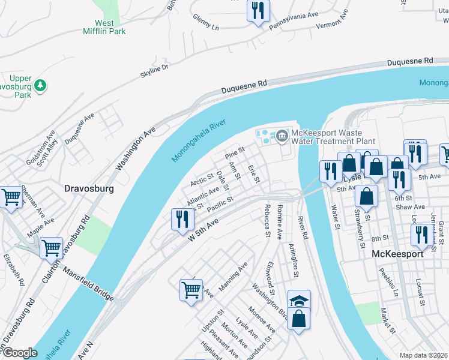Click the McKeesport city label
(397, 254)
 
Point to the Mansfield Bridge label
(88, 285)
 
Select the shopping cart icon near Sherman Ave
(11, 196)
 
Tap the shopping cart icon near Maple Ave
(51, 247)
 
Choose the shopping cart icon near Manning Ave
(191, 290)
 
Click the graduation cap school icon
(298, 301)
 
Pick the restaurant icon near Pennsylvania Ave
(258, 10)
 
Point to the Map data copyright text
(423, 355)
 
